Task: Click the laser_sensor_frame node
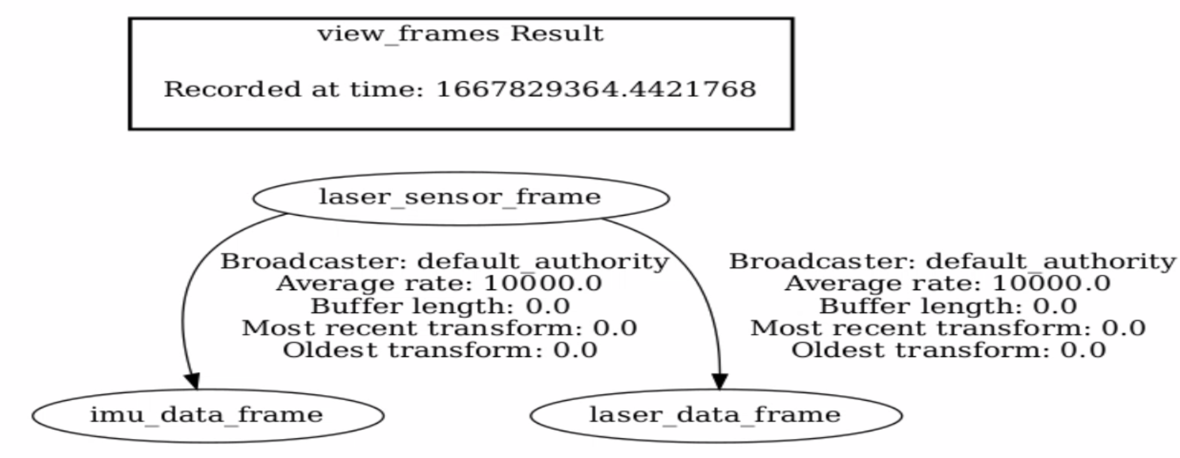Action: (x=460, y=197)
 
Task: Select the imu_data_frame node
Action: (x=207, y=415)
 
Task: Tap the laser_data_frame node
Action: (x=715, y=415)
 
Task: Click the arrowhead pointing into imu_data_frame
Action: (x=192, y=380)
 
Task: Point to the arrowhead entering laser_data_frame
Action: (x=719, y=380)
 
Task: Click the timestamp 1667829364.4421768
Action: (x=596, y=89)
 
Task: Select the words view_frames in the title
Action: (x=408, y=33)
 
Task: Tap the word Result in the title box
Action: (x=556, y=33)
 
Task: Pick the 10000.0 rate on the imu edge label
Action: (x=543, y=284)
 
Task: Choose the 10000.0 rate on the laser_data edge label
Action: (x=1051, y=284)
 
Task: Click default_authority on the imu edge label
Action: (x=543, y=261)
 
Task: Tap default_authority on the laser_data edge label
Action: (x=1051, y=261)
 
